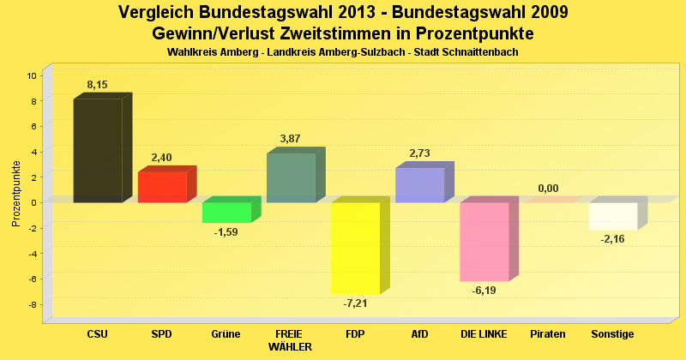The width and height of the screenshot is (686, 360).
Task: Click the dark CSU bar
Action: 97,151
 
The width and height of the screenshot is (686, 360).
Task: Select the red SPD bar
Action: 162,187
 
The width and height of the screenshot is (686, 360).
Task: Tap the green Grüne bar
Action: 226,213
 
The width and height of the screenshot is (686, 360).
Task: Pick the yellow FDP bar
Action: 355,248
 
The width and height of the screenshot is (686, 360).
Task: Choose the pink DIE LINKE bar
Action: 484,242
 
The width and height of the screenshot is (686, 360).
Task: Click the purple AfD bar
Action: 419,185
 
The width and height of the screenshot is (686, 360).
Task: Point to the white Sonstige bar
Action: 612,216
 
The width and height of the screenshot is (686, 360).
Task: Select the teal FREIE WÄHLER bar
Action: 291,177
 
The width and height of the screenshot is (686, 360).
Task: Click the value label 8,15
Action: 97,85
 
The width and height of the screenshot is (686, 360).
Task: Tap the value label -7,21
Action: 355,303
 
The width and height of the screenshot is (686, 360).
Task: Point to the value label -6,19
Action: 484,290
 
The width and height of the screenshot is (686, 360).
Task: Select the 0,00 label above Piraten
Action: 548,189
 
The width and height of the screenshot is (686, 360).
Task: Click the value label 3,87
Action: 291,139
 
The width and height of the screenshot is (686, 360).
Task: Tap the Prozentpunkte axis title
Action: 16,194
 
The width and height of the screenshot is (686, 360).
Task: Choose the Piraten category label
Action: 548,333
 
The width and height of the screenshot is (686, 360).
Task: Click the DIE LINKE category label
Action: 484,333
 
